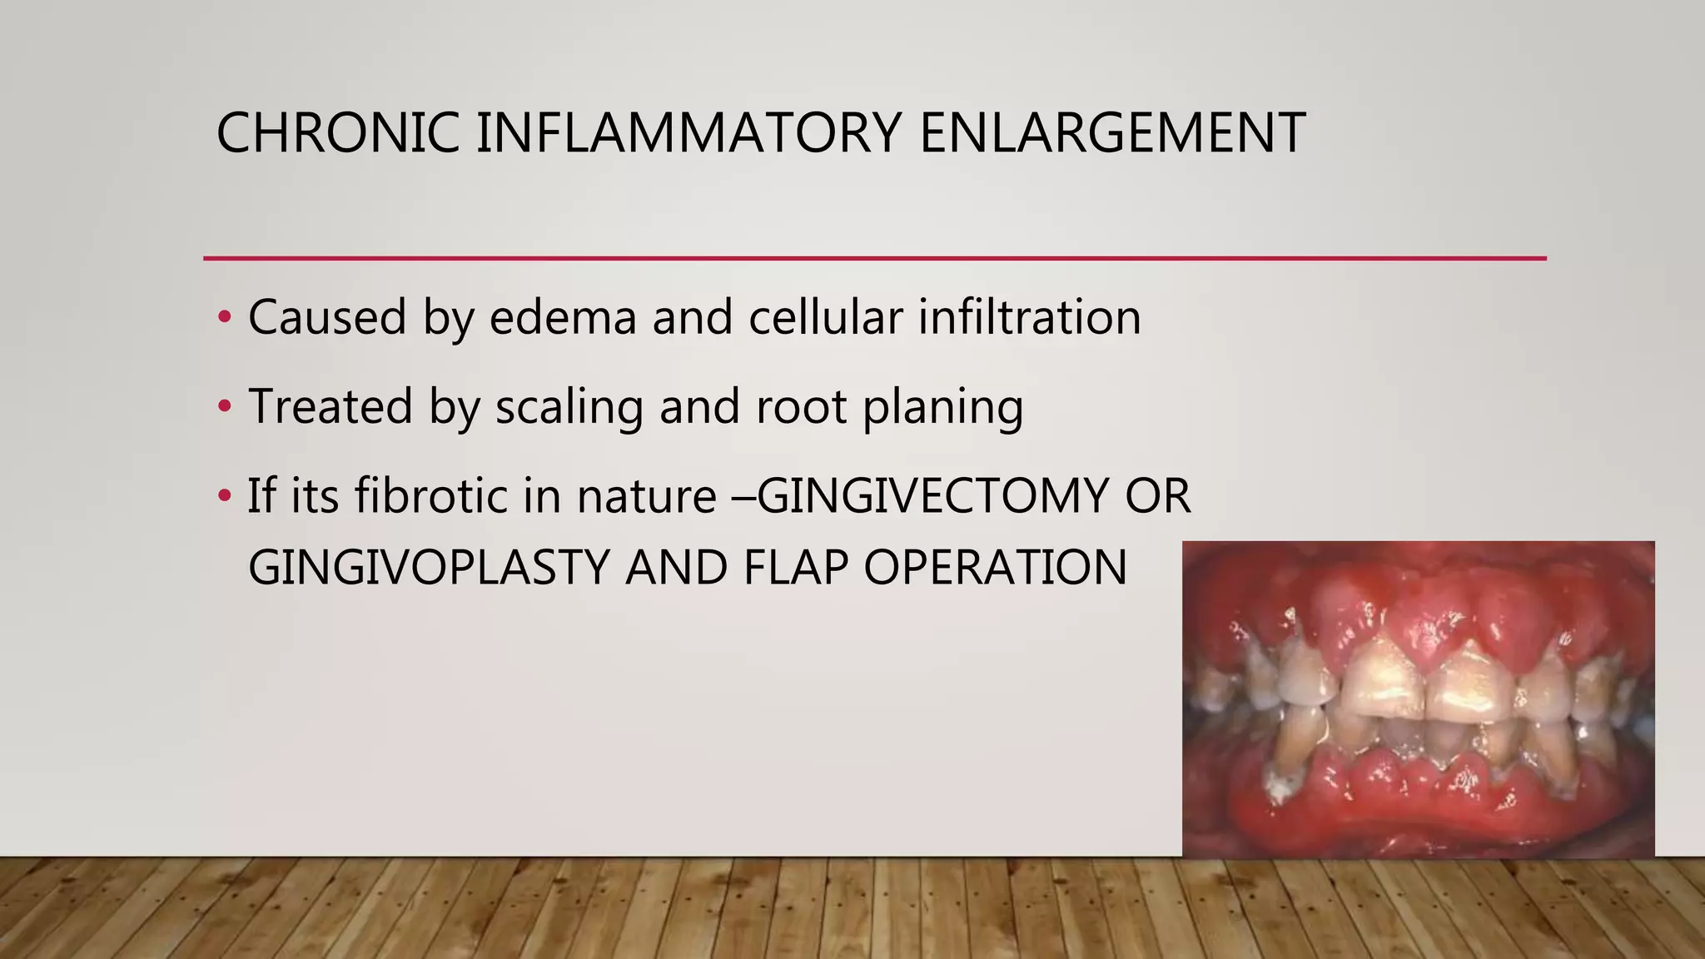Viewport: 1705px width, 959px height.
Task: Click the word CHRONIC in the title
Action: tap(337, 133)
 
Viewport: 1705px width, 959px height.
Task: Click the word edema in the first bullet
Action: tap(563, 318)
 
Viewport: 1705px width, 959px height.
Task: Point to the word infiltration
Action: tap(1029, 318)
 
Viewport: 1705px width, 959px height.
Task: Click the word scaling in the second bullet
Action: tap(569, 407)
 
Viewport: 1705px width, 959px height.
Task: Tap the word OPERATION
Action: tap(995, 569)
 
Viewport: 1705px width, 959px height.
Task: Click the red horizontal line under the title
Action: tap(874, 259)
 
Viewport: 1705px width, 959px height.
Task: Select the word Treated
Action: tap(330, 407)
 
